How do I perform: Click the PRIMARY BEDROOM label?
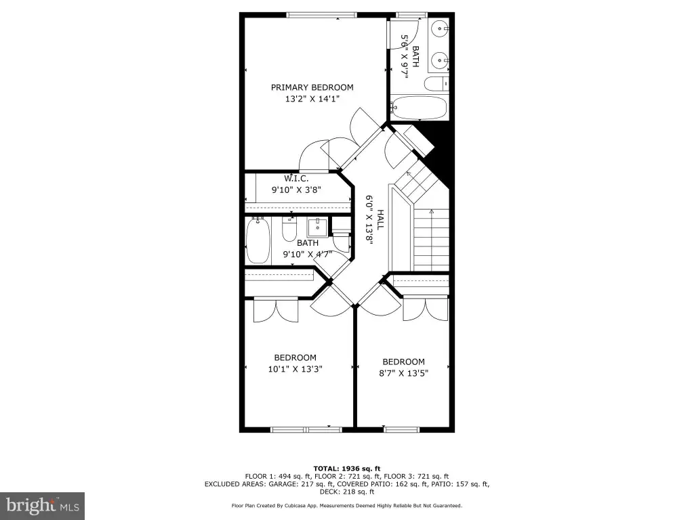[x=312, y=87]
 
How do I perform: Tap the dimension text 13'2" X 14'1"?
[x=312, y=99]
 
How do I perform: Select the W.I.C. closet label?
[x=296, y=179]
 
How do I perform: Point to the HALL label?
[x=380, y=220]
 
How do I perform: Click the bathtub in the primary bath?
[x=418, y=108]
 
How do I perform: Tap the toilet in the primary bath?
[x=436, y=83]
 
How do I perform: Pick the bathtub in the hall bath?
[x=258, y=241]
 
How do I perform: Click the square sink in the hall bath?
[x=317, y=227]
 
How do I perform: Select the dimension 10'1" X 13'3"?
[x=295, y=369]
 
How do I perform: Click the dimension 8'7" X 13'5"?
[x=404, y=373]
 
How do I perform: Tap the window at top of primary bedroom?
[x=321, y=15]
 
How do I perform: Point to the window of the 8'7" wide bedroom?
[x=401, y=429]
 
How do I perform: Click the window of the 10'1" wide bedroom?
[x=306, y=429]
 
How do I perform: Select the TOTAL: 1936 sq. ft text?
[x=347, y=469]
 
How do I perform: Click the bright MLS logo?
[x=43, y=506]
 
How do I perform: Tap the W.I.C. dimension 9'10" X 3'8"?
[x=296, y=190]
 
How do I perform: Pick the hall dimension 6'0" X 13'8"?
[x=369, y=220]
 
